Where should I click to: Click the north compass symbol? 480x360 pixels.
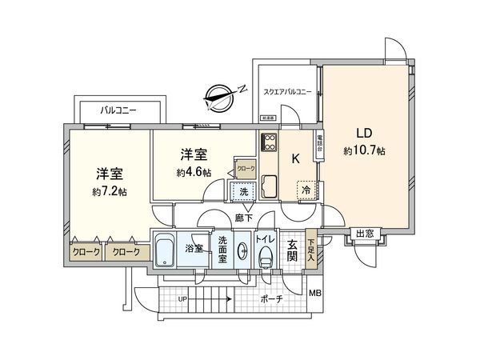coord(220,97)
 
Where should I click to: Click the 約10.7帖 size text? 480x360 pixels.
coord(364,150)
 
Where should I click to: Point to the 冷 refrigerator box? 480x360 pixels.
coord(306,190)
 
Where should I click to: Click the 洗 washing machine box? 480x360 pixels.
coord(242,191)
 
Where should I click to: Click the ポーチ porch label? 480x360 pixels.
coord(270,299)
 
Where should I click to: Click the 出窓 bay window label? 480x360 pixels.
coord(365,234)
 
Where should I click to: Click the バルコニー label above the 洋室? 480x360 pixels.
coord(118,110)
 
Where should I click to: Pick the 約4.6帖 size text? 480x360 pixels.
coord(194,172)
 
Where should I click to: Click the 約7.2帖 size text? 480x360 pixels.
coord(109,191)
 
